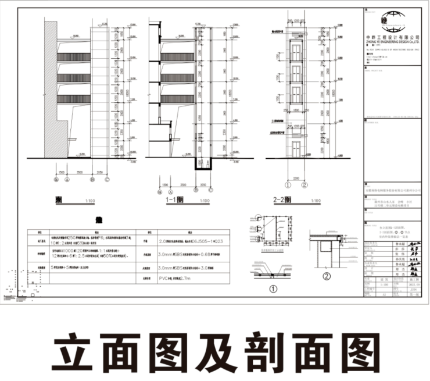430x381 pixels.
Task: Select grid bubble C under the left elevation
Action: tap(107, 180)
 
